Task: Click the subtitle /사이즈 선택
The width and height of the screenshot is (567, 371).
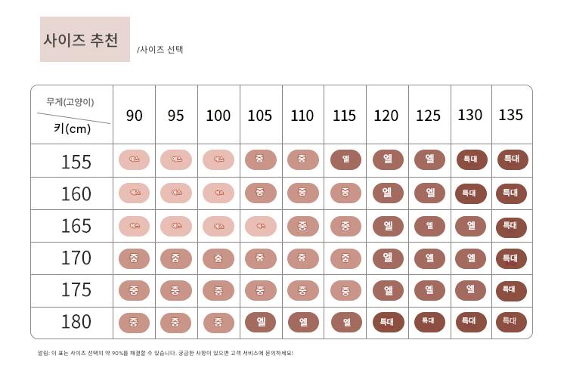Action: tap(160, 50)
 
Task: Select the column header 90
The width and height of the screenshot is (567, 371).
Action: tap(134, 116)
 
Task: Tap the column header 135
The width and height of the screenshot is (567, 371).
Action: tap(511, 115)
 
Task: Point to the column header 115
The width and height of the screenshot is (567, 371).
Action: tap(344, 116)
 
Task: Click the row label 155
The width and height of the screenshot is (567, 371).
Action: tap(76, 162)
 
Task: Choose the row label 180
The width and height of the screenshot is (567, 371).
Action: tap(76, 322)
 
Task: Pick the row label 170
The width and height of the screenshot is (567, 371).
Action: tap(76, 258)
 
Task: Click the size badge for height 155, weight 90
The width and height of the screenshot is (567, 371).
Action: tap(135, 160)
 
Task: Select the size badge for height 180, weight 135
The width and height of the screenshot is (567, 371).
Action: tap(512, 321)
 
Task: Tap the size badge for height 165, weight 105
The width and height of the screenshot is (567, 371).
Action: tap(260, 225)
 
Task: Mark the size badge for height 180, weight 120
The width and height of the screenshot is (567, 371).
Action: tap(386, 322)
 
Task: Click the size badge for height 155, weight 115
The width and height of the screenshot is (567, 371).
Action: tap(345, 160)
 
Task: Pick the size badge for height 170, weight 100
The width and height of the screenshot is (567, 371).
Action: tap(218, 258)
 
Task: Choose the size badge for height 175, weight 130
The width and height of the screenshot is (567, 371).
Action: tap(469, 289)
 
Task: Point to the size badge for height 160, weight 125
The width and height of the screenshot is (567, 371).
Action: tap(429, 193)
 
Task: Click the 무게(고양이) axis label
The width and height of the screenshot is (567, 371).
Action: tap(70, 102)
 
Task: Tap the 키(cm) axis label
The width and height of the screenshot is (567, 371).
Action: tap(73, 128)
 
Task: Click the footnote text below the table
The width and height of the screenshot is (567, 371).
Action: tap(166, 353)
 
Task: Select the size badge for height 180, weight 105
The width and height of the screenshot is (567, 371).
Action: tap(260, 322)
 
